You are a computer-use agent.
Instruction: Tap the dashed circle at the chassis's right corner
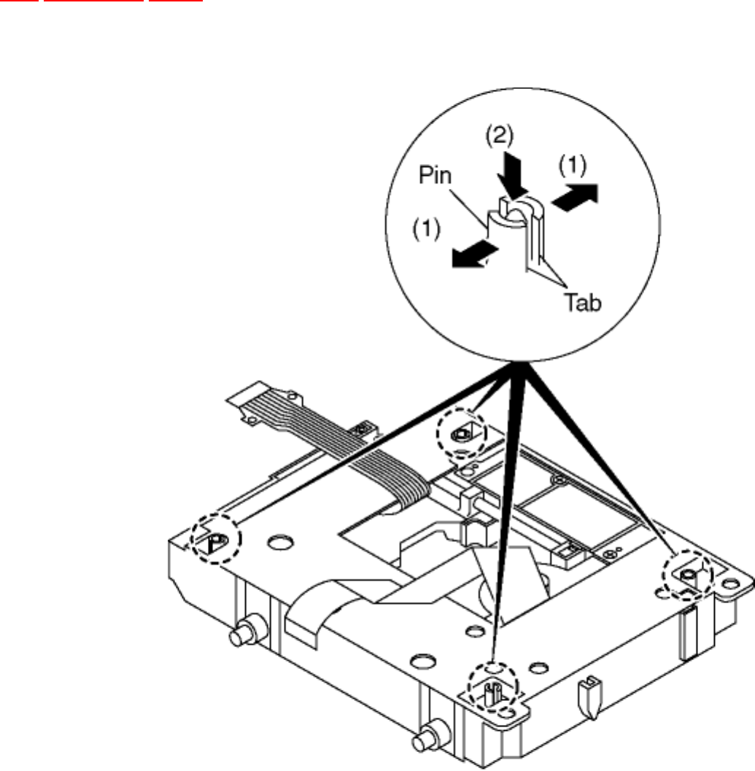click(x=687, y=576)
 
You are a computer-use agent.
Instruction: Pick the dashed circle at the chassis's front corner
click(x=491, y=686)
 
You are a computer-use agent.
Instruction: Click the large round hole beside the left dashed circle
click(x=277, y=543)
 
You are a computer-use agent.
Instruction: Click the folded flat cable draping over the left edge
click(x=314, y=605)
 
